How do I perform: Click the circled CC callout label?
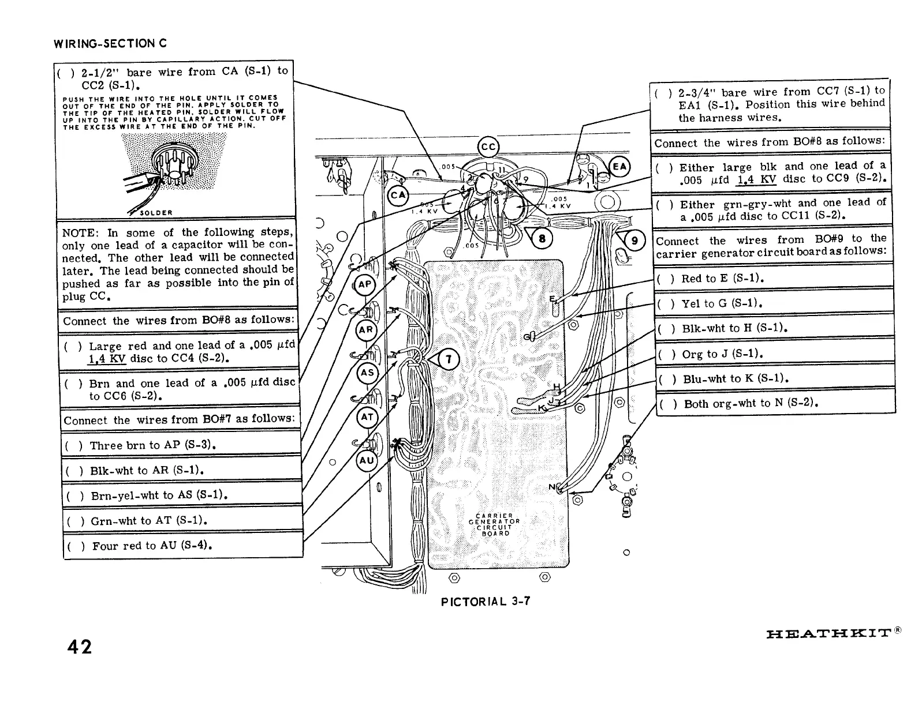coord(488,147)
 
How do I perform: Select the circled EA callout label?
coord(619,167)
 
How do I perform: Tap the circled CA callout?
coord(398,194)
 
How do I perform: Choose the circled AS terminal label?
coord(367,373)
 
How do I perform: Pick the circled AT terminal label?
coord(367,416)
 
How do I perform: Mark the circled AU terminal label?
coord(367,460)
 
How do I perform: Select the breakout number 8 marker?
coord(542,239)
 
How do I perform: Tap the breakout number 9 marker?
coord(634,241)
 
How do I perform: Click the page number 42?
coord(79,647)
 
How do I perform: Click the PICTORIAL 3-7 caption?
coord(485,602)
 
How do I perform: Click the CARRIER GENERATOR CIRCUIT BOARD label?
coord(495,524)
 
